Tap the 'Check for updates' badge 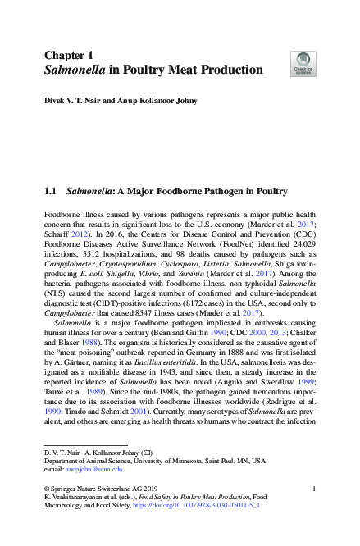[x=303, y=64]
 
